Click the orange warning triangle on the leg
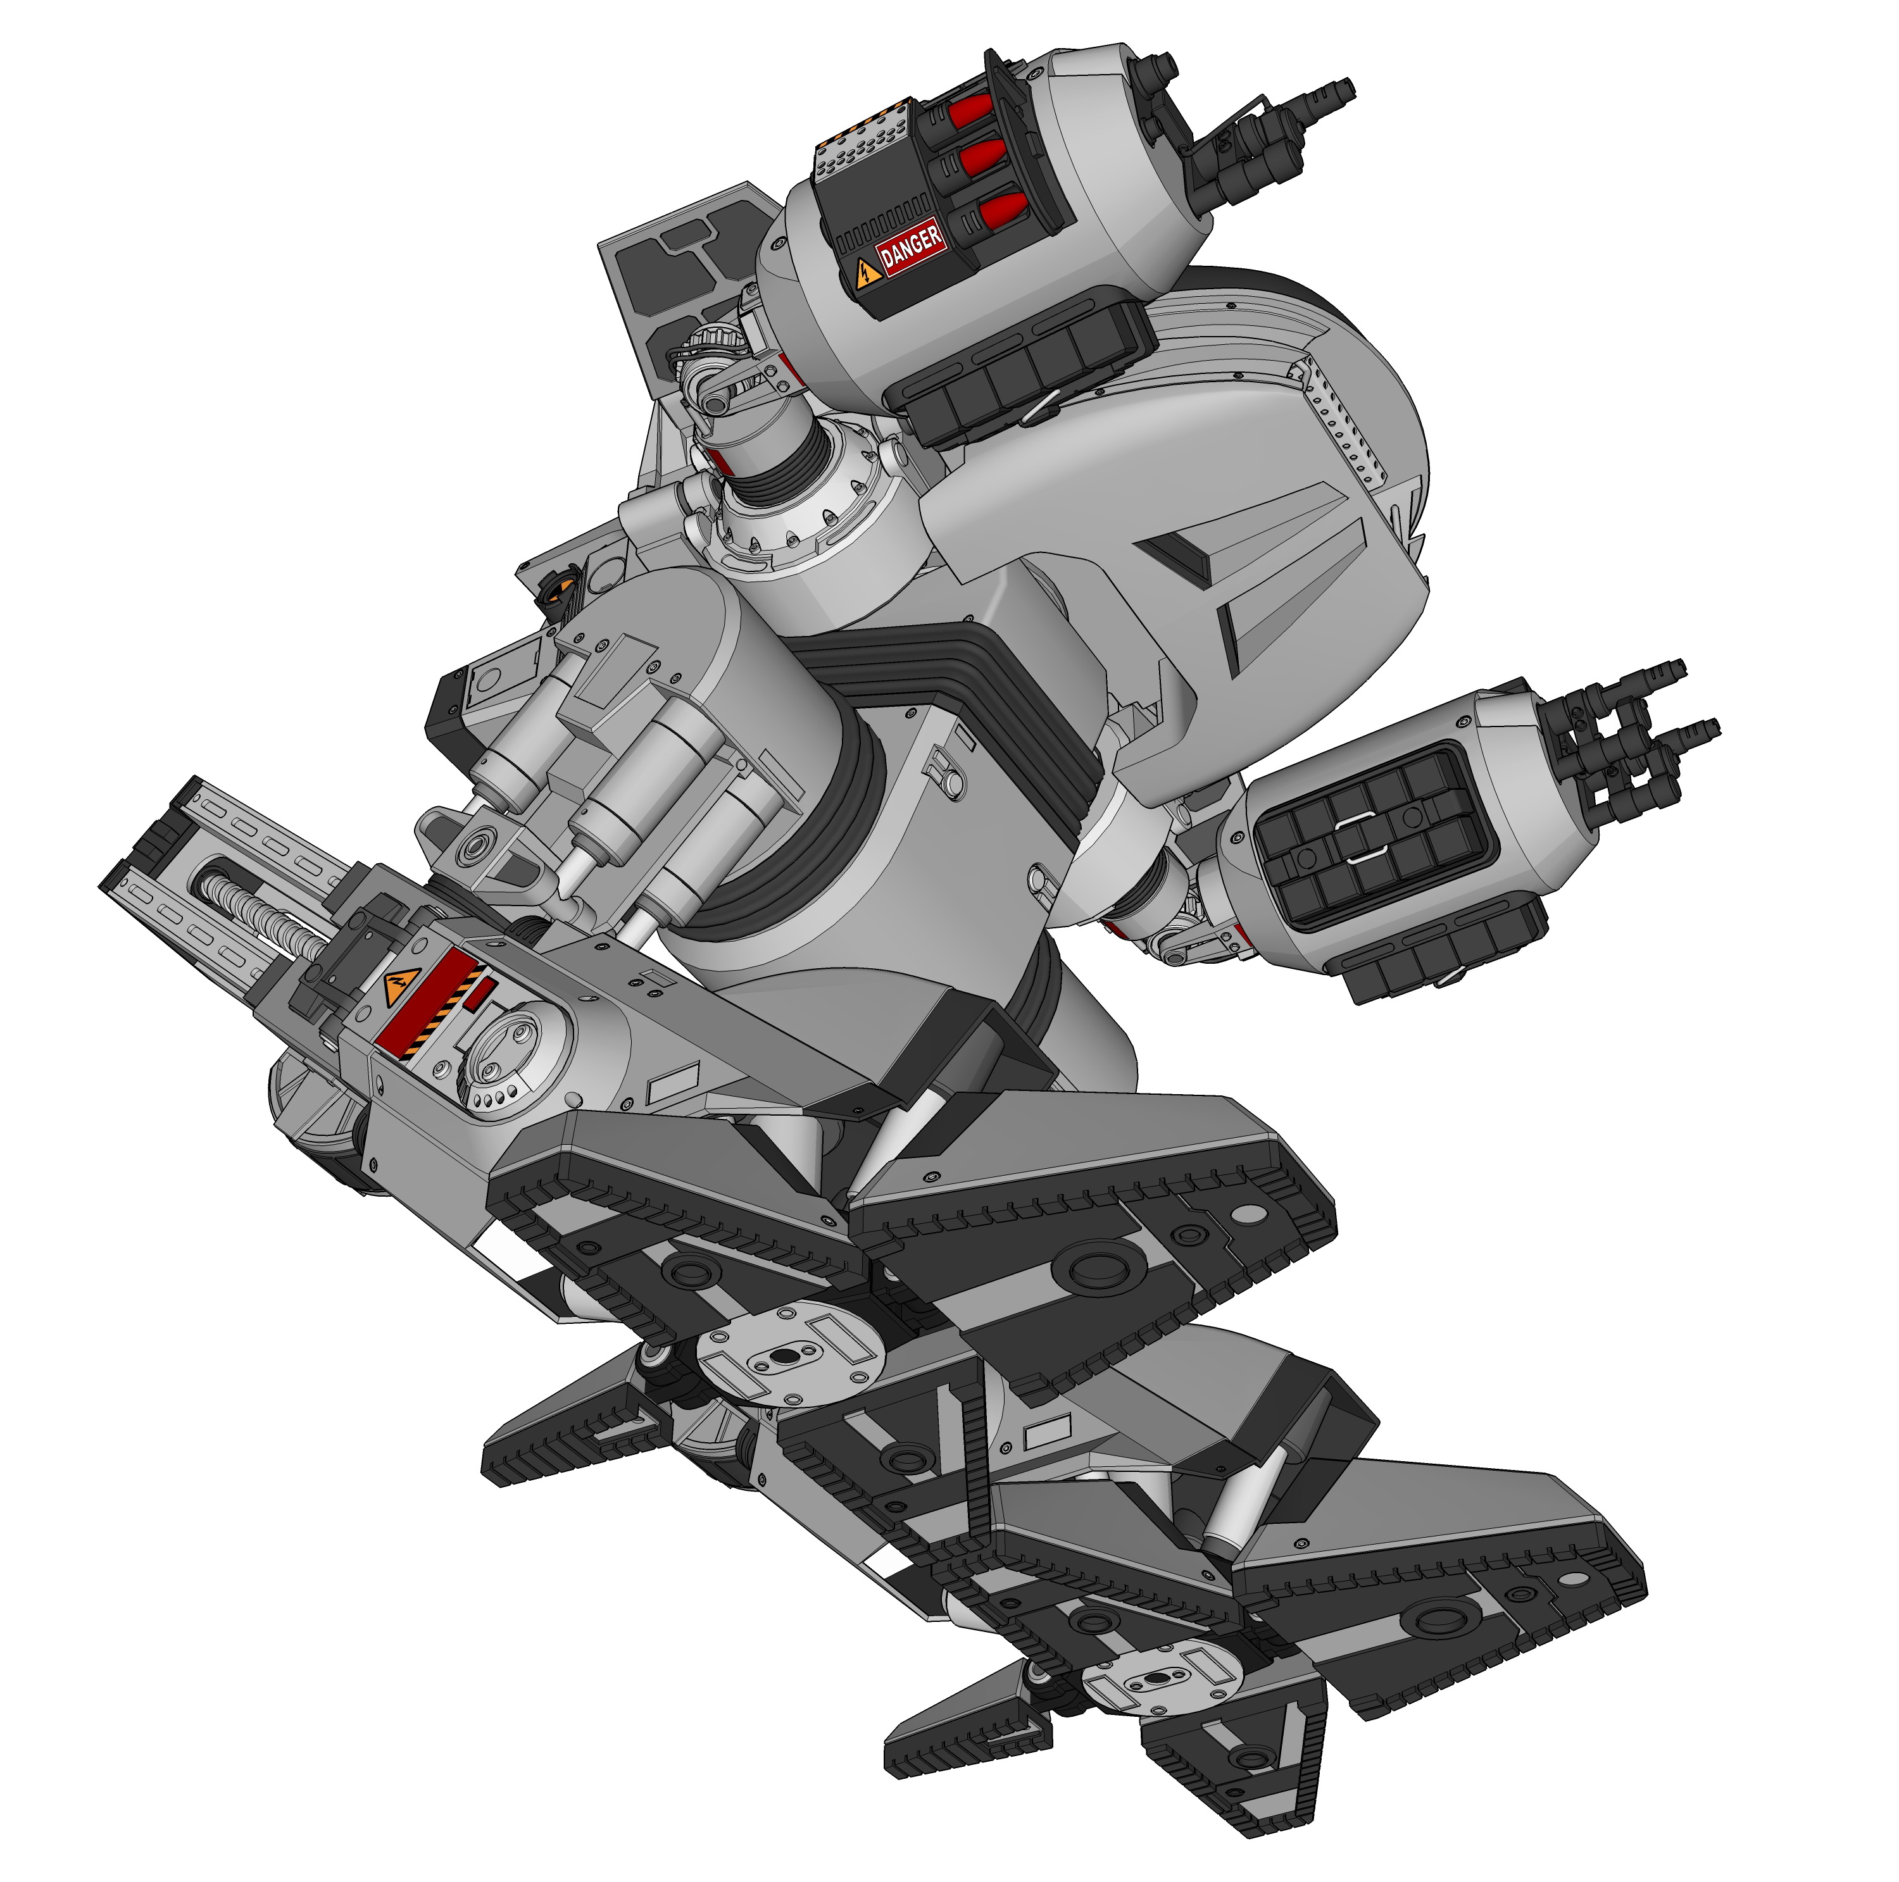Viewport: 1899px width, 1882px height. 397,986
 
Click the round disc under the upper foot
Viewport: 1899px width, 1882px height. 786,1356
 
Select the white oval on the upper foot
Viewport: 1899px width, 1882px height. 1250,1218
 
